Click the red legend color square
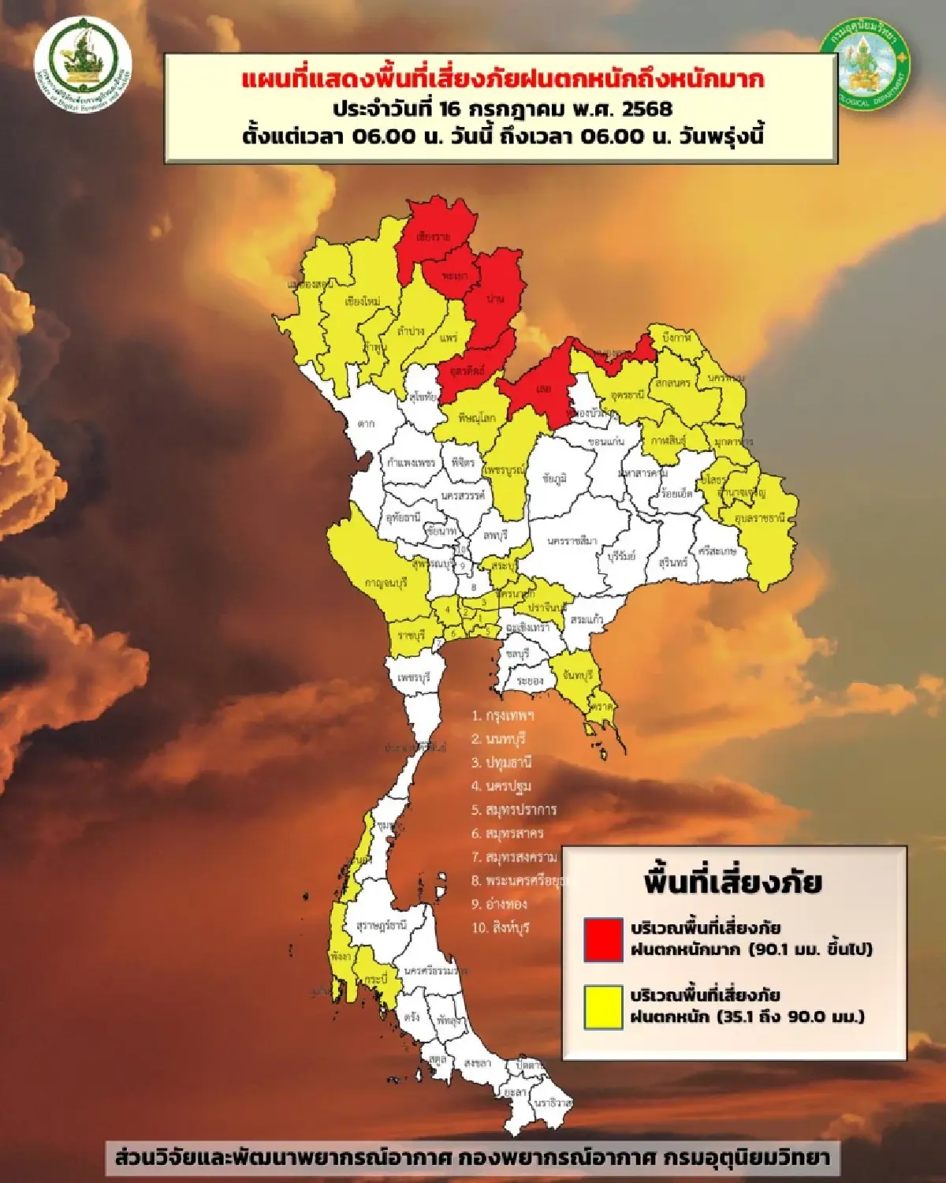(x=603, y=939)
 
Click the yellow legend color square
(x=603, y=1006)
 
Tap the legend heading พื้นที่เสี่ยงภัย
(x=732, y=882)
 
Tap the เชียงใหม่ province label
(x=363, y=301)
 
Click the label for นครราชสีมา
(x=572, y=541)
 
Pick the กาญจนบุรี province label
(x=385, y=583)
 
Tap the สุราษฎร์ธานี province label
(x=381, y=925)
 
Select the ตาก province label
(x=366, y=424)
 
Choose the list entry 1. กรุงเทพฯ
(x=503, y=716)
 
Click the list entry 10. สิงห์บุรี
(x=501, y=927)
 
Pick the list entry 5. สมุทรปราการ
(x=514, y=810)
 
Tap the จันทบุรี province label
(x=578, y=677)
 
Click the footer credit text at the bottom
(x=472, y=1158)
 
